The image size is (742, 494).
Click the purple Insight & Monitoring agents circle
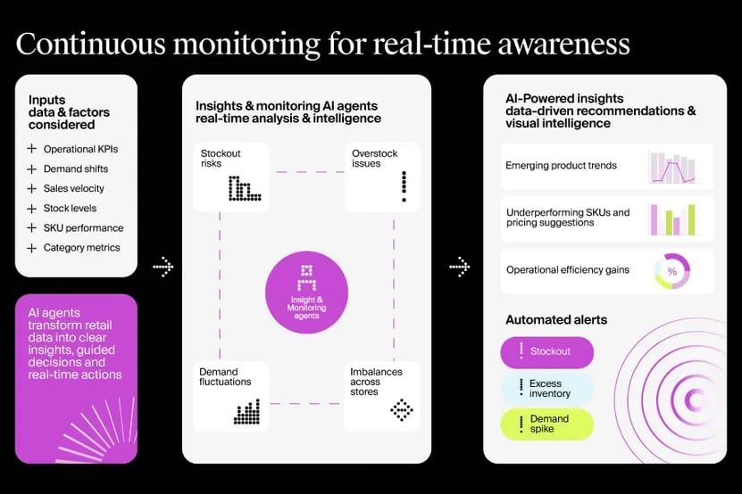coord(306,292)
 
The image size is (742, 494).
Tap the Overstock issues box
coord(381,177)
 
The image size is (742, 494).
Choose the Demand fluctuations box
coord(230,396)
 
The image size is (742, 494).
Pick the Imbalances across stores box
coord(381,396)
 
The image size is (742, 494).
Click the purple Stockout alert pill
coord(546,352)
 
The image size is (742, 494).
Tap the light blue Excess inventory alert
coord(546,388)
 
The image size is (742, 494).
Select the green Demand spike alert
coord(546,424)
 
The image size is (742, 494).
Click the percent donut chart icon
coord(671,271)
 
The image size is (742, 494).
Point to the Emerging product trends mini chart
coord(671,167)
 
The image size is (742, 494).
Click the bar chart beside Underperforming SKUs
coord(671,218)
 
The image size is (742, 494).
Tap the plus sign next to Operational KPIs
coord(32,149)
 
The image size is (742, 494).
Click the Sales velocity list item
coord(73,188)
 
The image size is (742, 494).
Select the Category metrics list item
coord(81,247)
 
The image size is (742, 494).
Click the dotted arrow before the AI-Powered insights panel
coord(459,266)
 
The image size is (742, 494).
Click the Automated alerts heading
coord(556,319)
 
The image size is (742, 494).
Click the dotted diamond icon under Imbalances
coord(402,409)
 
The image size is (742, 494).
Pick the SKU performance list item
coord(83,227)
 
